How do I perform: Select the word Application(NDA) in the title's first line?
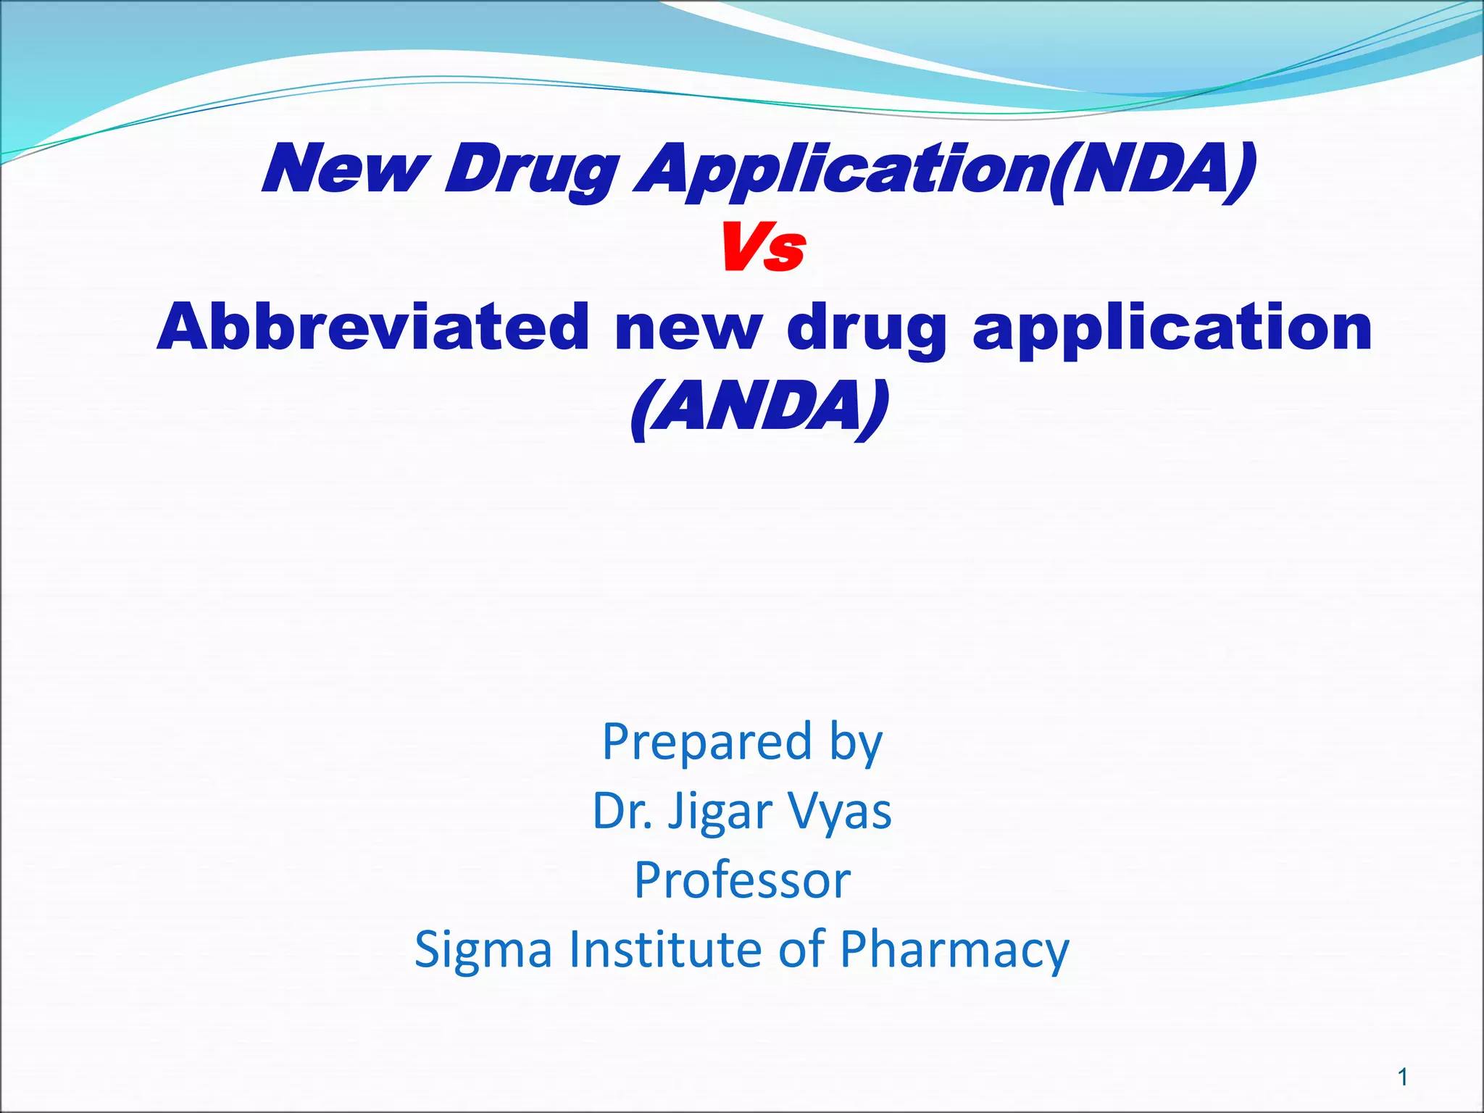[x=945, y=170]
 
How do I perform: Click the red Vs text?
[x=762, y=249]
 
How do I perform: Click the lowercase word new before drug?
[x=688, y=328]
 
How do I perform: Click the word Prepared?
[x=706, y=742]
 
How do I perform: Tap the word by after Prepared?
[x=856, y=743]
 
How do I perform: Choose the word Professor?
[x=742, y=880]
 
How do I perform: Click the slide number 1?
[x=1403, y=1077]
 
